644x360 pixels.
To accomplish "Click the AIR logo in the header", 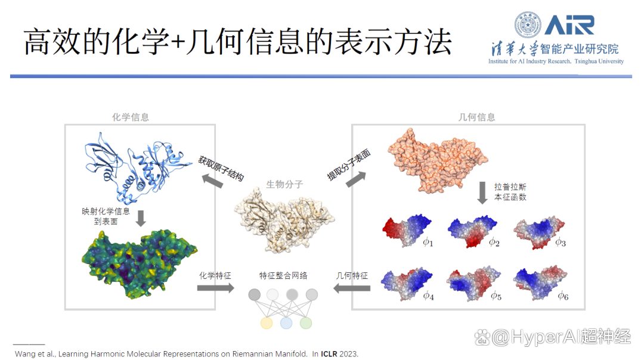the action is point(569,25).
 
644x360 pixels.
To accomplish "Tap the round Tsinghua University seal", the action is point(528,24).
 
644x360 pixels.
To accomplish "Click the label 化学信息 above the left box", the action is point(131,117).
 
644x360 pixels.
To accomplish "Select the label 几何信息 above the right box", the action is point(476,117).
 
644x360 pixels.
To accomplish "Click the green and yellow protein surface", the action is point(139,264).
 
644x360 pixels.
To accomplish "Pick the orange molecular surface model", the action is point(437,160).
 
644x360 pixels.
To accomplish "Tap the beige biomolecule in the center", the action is point(284,220).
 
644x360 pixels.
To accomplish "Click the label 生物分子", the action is point(284,184).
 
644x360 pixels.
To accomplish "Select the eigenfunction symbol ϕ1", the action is point(428,242).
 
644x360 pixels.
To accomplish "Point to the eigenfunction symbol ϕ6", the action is point(563,296).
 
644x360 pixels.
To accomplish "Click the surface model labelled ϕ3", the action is point(539,232).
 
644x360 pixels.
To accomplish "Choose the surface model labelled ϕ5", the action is point(473,284).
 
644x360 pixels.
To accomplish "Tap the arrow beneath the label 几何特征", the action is point(352,288).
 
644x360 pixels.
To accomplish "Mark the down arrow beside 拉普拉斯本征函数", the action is point(482,193).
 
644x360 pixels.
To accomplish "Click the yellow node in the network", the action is point(267,323).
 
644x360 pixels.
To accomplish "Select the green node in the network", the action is point(305,323).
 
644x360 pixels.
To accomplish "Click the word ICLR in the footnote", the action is point(329,354).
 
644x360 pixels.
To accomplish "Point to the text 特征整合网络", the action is point(283,275).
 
